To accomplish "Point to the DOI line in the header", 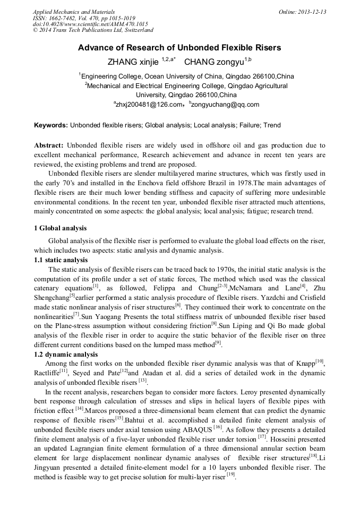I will coord(90,24).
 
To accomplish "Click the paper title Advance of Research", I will coord(179,48).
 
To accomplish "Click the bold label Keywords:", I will coord(51,125).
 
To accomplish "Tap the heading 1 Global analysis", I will coord(60,228).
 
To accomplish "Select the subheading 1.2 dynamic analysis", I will coord(64,355).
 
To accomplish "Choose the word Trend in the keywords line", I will coord(271,125).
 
